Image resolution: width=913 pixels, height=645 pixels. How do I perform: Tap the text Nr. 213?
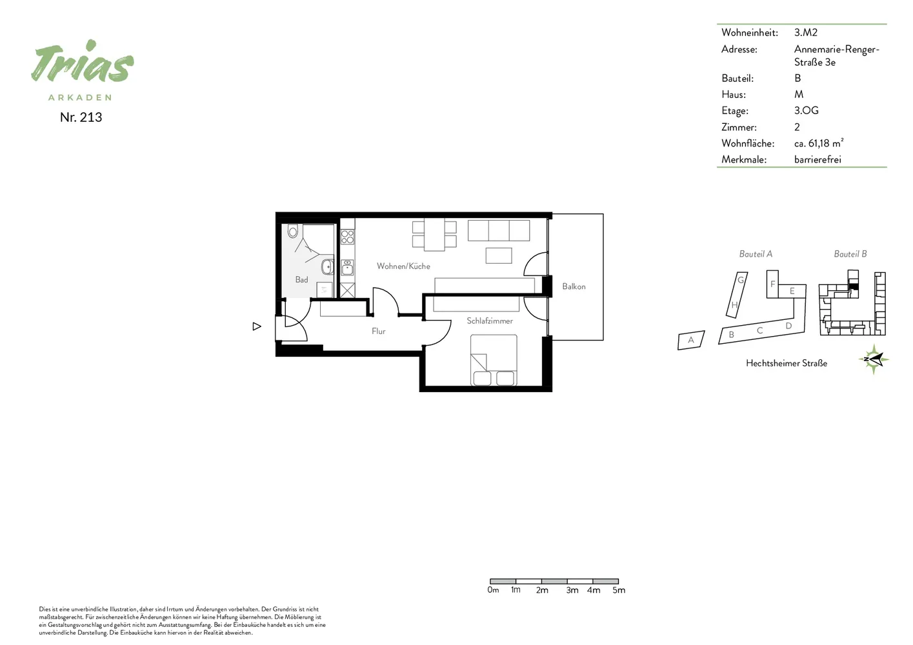[x=81, y=117]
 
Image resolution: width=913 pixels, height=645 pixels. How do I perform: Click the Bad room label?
[x=301, y=279]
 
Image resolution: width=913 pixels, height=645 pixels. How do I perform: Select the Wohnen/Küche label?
[x=403, y=266]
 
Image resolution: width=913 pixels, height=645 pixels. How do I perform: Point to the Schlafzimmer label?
[x=490, y=321]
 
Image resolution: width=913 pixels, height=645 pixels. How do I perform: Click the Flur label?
[x=378, y=332]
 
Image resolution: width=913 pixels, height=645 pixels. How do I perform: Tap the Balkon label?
[x=574, y=286]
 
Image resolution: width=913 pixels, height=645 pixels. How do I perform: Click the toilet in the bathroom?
[x=292, y=231]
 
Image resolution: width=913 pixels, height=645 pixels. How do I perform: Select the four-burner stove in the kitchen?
[x=347, y=237]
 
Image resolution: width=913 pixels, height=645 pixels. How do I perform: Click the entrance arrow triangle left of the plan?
[x=257, y=326]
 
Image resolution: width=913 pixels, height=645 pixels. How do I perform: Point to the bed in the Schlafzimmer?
[x=494, y=360]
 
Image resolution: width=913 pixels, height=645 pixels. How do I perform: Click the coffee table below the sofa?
[x=499, y=255]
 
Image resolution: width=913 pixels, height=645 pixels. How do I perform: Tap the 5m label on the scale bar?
[x=619, y=590]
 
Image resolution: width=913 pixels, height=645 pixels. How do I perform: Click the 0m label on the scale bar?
[x=493, y=590]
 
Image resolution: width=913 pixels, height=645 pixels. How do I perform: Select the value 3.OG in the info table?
[x=806, y=110]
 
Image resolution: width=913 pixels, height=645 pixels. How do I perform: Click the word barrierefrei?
[x=818, y=159]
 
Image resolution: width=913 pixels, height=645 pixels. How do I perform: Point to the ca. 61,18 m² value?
[x=818, y=143]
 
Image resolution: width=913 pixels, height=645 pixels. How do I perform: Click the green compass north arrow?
[x=874, y=359]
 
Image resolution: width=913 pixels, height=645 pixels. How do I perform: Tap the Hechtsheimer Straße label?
[x=787, y=363]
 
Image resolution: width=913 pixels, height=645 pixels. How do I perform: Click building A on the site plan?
[x=691, y=340]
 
